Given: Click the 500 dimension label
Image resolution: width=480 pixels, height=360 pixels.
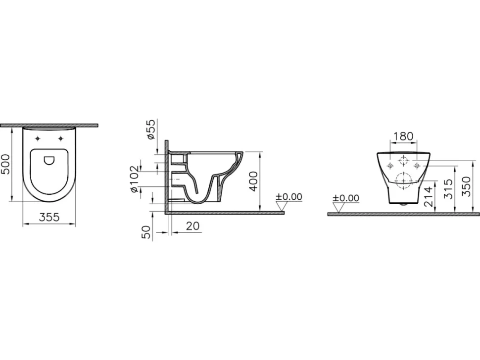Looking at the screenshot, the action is (6, 165).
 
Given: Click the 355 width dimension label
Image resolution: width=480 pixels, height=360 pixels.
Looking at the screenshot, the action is (49, 218).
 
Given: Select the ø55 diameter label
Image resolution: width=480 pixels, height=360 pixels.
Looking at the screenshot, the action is (151, 130).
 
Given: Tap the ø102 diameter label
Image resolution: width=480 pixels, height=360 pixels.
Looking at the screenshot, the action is (134, 179).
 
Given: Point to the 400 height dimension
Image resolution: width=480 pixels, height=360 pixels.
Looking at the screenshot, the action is (254, 181).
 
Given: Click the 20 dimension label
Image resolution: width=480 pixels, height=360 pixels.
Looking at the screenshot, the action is (192, 226).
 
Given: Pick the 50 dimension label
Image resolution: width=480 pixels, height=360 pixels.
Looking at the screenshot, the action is (146, 232).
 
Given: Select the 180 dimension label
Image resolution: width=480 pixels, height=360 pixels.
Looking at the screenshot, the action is (403, 136).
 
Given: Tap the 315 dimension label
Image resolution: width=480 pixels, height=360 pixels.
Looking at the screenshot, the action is (448, 189).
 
